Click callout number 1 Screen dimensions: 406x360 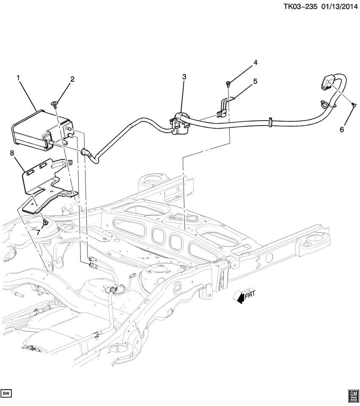point(18,77)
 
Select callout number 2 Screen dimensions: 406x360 point(72,79)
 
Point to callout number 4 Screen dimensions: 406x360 point(256,63)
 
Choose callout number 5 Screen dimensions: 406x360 point(256,82)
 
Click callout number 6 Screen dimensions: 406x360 point(341,130)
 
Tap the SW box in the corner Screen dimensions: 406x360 point(7,394)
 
